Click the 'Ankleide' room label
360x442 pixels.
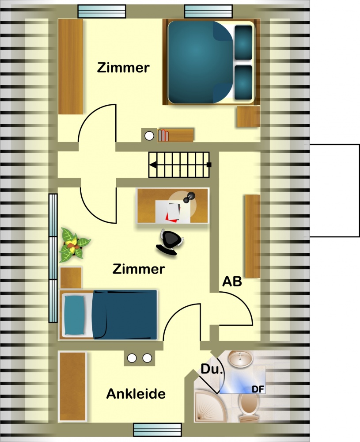tap(136, 394)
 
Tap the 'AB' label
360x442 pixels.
tap(232, 281)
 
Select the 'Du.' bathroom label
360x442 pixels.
tap(212, 369)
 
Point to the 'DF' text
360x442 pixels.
tap(258, 389)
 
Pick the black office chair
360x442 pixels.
tap(170, 242)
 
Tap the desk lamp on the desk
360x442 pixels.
tap(189, 197)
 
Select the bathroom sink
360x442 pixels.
tap(240, 358)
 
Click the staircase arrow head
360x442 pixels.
tap(153, 165)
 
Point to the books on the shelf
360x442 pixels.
tap(163, 135)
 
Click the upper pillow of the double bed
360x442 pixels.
tap(243, 42)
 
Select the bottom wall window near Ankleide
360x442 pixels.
tap(157, 430)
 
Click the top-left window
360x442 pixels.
tap(102, 11)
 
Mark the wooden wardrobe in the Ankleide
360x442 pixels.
tap(72, 387)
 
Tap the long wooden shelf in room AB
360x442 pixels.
tap(252, 236)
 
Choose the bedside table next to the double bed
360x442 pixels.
tap(248, 117)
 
